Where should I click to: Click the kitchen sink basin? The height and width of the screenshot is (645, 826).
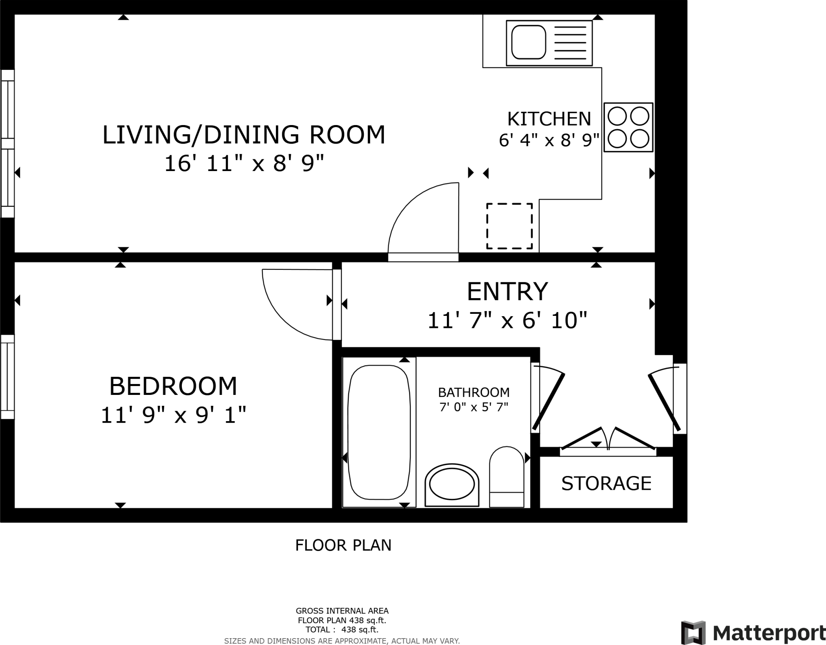(528, 42)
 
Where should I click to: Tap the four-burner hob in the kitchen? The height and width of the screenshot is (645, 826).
(628, 127)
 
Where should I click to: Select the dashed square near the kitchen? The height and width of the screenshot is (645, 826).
(509, 226)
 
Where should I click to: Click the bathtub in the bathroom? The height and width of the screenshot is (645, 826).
(379, 432)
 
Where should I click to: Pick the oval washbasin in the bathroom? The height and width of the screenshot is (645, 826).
(452, 484)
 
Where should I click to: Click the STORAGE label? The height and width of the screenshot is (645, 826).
(606, 483)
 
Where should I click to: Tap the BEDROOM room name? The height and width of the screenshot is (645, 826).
(173, 386)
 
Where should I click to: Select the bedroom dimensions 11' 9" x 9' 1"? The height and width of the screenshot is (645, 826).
(173, 415)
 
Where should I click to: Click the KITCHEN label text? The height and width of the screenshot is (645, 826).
(549, 119)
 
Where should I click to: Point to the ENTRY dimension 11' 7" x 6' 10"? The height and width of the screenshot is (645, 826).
(507, 321)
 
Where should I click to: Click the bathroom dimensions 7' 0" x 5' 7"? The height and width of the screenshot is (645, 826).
(473, 407)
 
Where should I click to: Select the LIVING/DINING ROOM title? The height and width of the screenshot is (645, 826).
(244, 135)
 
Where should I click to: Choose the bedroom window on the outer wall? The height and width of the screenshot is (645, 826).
(7, 377)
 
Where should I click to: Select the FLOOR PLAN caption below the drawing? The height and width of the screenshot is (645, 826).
(343, 545)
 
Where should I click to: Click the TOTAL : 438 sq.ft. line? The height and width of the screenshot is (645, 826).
(342, 630)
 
